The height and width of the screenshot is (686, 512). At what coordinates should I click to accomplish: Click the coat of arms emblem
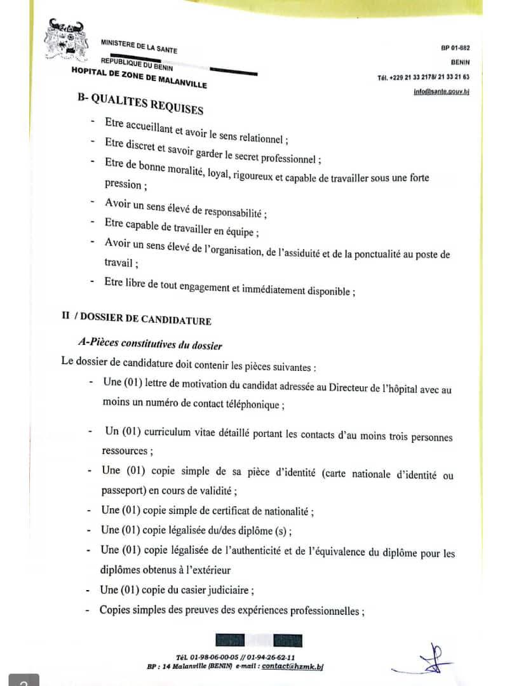click(66, 39)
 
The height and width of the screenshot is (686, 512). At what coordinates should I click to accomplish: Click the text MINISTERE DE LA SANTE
click(138, 46)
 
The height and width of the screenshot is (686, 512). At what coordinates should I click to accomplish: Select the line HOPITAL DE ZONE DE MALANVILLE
click(139, 78)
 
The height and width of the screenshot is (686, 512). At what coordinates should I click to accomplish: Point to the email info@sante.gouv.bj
click(441, 91)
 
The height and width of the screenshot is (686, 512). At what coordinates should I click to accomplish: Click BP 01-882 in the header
click(455, 48)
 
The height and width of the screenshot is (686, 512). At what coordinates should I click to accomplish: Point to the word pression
click(123, 184)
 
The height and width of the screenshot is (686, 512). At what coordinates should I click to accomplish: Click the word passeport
click(123, 490)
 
